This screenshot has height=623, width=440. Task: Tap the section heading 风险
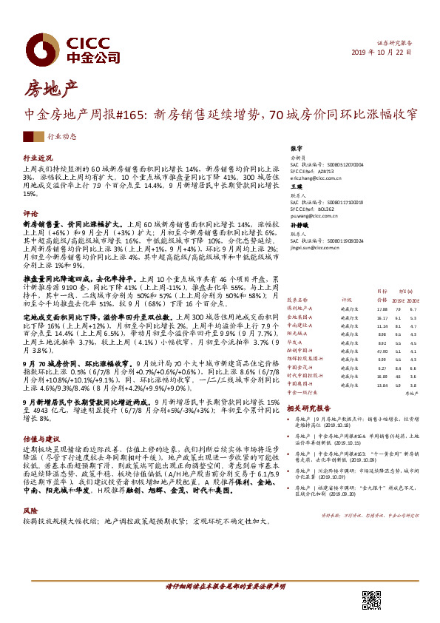[x=30, y=511]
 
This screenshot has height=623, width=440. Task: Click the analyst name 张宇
[x=297, y=149]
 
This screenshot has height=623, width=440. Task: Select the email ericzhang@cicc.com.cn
[x=317, y=178]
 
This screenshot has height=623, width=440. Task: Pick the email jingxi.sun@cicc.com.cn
[x=318, y=249]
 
